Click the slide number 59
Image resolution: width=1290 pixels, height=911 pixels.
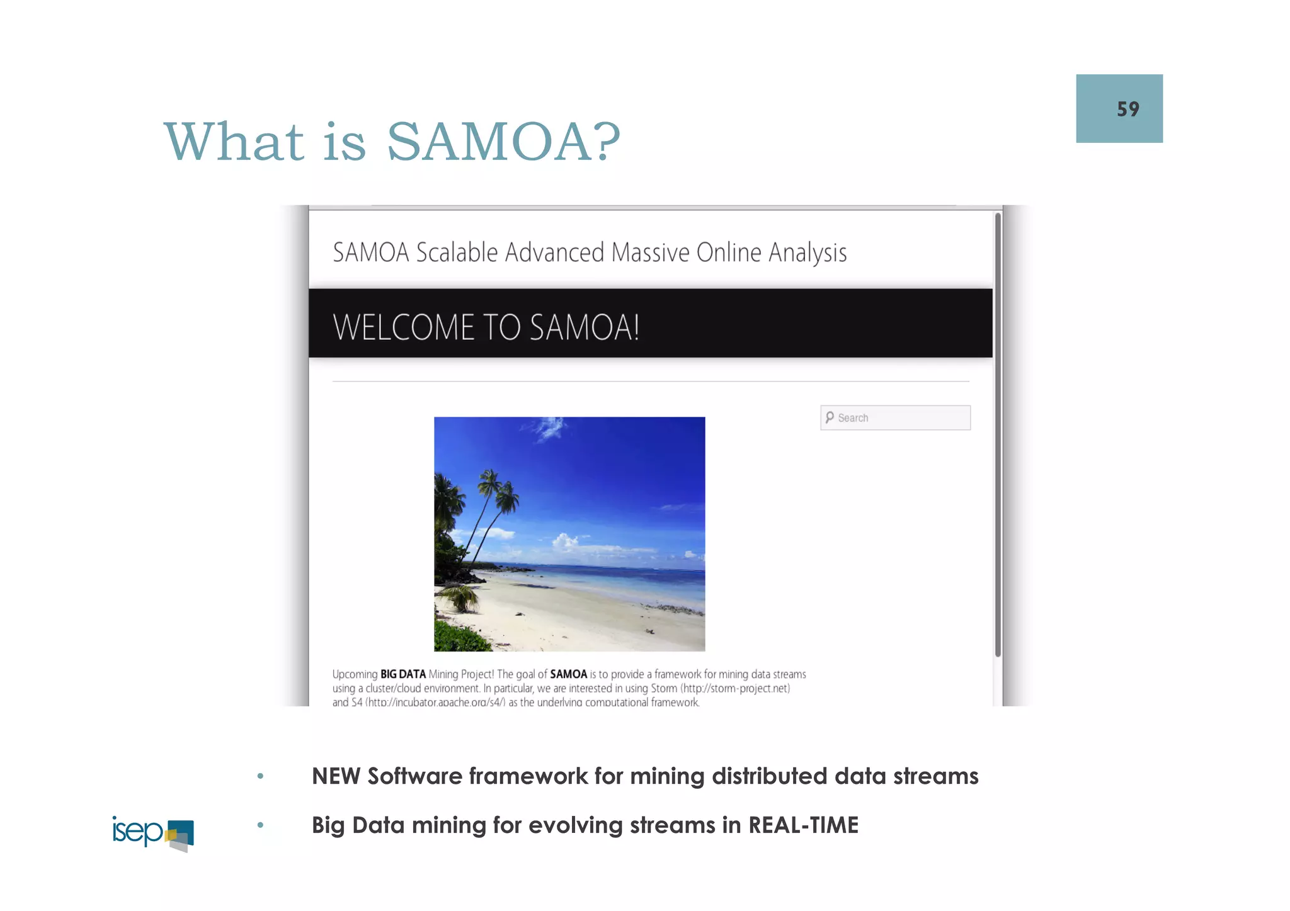1127,110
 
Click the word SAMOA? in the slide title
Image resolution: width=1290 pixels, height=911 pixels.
503,141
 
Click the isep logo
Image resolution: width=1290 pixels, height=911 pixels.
152,833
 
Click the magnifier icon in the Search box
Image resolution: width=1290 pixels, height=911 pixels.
830,417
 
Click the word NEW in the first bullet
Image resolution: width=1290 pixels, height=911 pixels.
336,776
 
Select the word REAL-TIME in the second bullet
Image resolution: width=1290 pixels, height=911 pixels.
803,825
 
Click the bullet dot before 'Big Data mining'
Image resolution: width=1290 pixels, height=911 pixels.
260,825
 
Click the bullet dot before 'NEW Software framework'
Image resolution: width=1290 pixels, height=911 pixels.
260,776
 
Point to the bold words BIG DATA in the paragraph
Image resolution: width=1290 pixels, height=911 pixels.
403,674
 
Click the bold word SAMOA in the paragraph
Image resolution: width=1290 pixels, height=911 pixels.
568,674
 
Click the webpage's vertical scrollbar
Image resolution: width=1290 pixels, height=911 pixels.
998,434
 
